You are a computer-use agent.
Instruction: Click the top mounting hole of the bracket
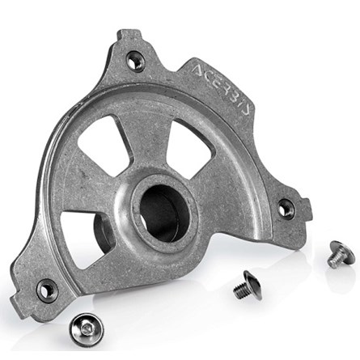tap(136, 59)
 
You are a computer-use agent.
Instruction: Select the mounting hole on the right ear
tap(286, 209)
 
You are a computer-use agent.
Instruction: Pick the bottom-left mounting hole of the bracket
tap(47, 289)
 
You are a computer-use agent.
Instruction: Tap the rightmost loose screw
tap(341, 255)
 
